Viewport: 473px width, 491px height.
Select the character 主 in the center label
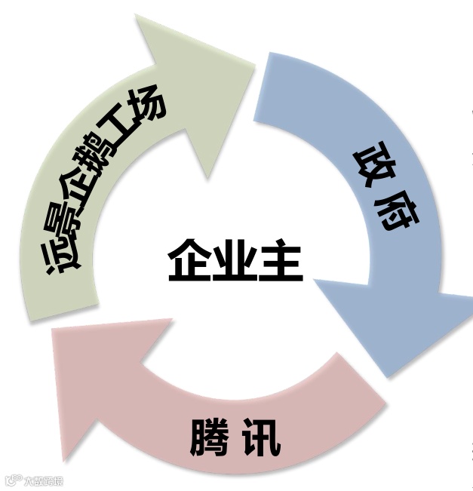pos(281,260)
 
